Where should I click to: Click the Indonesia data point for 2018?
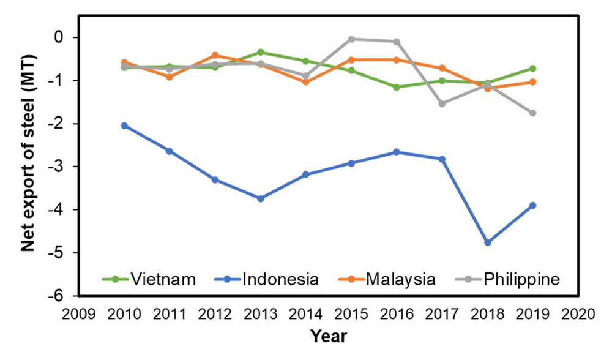pyautogui.click(x=487, y=242)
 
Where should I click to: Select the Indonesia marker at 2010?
pyautogui.click(x=124, y=126)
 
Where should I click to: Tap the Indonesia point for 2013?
pyautogui.click(x=261, y=198)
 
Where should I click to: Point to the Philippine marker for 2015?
pyautogui.click(x=351, y=39)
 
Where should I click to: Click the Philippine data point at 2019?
pyautogui.click(x=532, y=113)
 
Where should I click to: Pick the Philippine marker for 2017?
pyautogui.click(x=442, y=103)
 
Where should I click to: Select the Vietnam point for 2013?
pyautogui.click(x=261, y=52)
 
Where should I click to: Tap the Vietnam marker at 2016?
pyautogui.click(x=397, y=87)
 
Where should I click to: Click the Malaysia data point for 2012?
pyautogui.click(x=215, y=55)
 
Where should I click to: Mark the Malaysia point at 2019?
pyautogui.click(x=532, y=82)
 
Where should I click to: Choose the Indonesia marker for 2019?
pyautogui.click(x=532, y=205)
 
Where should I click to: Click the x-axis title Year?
pyautogui.click(x=328, y=336)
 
